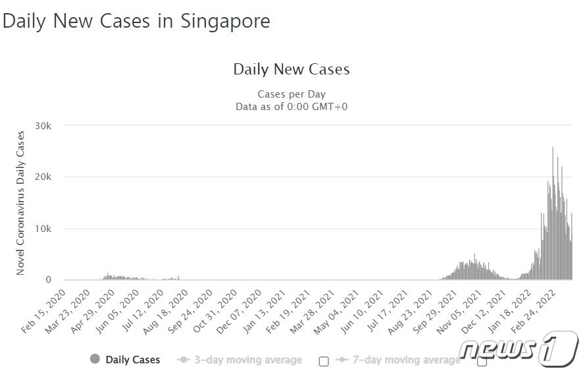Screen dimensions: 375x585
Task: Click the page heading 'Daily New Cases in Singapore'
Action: coord(136,21)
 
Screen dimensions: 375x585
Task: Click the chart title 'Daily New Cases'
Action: coord(292,69)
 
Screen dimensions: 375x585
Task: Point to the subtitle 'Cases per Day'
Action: coord(292,94)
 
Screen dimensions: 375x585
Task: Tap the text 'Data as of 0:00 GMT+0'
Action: coord(292,105)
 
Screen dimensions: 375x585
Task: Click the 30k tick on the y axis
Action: coord(53,126)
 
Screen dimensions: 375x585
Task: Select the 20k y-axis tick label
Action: coord(53,177)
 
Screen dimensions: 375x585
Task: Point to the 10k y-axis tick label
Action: coord(53,229)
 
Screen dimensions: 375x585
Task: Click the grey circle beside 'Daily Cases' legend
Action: coord(95,359)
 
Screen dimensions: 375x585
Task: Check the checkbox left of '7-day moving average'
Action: coord(323,361)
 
